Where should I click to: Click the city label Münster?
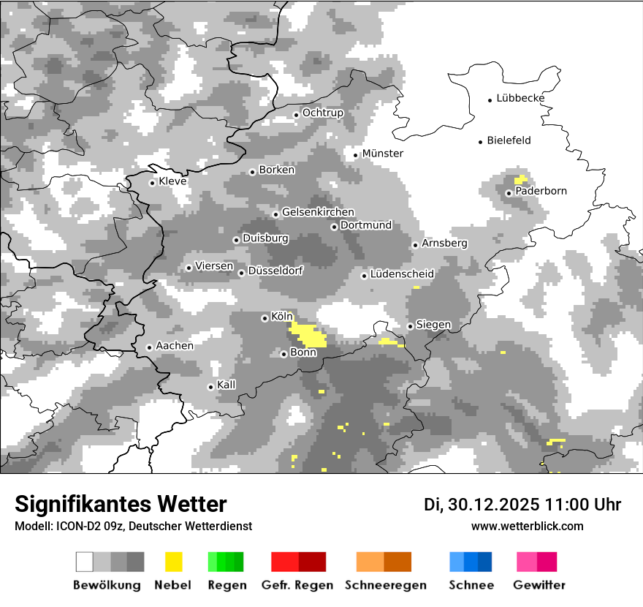point(382,154)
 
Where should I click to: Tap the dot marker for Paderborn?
point(509,193)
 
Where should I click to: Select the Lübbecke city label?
point(520,98)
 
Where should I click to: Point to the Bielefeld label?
point(509,140)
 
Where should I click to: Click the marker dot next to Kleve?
point(152,183)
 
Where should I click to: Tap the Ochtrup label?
point(322,113)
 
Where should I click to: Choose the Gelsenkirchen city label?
point(318,212)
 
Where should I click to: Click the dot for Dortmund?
point(334,227)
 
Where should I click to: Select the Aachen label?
point(175,346)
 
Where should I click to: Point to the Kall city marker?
point(210,387)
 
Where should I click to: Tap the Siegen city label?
point(433,325)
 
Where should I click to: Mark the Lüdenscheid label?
point(402,274)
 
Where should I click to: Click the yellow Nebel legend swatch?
point(173,562)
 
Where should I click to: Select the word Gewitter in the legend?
point(539,585)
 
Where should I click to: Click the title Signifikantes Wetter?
point(121,504)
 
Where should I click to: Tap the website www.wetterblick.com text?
point(527,526)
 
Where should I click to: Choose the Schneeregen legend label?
point(386,585)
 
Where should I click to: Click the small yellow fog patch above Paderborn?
point(520,179)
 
